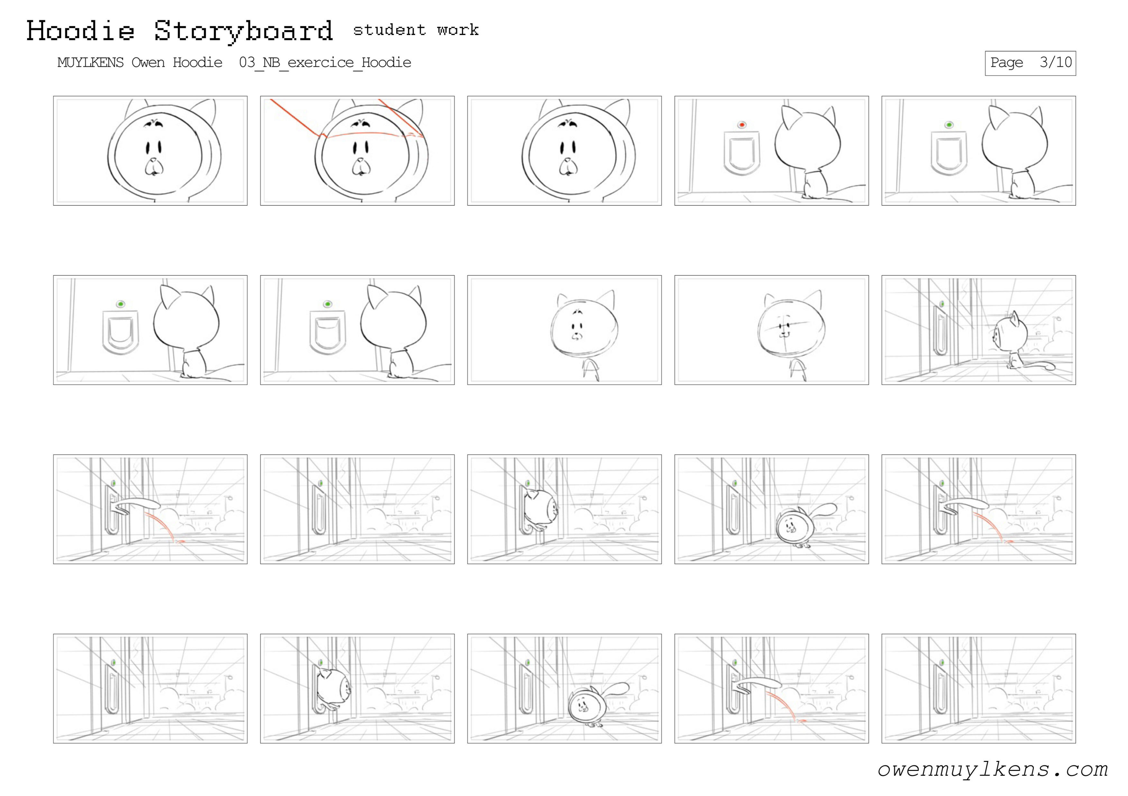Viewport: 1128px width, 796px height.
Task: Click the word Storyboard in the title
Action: point(244,31)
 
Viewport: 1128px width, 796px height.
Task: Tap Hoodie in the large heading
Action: point(80,31)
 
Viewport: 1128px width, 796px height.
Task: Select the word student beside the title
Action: point(389,30)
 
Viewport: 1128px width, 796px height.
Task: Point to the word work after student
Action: point(458,30)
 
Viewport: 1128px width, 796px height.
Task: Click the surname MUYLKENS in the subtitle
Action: point(90,62)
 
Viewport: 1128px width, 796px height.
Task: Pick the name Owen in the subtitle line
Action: point(148,62)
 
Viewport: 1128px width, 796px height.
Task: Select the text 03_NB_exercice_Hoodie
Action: point(325,62)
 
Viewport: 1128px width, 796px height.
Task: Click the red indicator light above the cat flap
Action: point(742,125)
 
